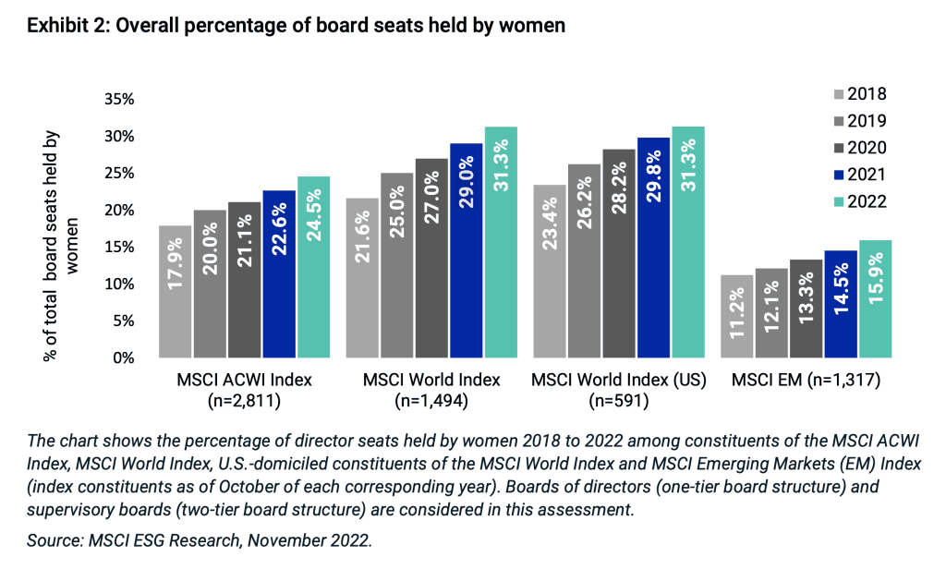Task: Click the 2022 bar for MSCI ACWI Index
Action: (313, 267)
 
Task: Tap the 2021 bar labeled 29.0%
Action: (466, 250)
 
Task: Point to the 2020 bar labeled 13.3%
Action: (807, 309)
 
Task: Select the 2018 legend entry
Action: (860, 93)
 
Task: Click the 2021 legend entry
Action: (860, 175)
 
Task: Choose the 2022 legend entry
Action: (860, 201)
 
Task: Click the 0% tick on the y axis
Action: (125, 358)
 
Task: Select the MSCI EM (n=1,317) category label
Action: (806, 380)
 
